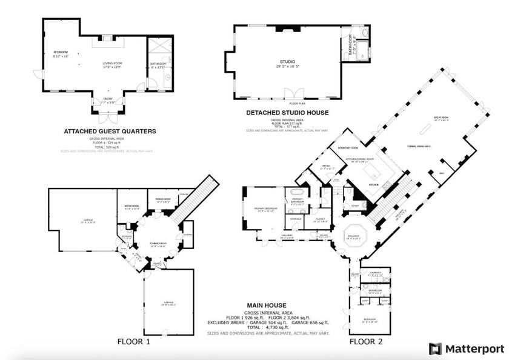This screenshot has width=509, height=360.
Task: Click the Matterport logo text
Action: pyautogui.click(x=474, y=348)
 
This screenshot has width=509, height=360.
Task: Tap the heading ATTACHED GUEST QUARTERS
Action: pyautogui.click(x=110, y=131)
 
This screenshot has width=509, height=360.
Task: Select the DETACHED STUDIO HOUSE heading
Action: pyautogui.click(x=287, y=113)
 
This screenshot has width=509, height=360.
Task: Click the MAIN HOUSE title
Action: pyautogui.click(x=266, y=305)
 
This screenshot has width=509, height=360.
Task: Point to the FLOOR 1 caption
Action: pyautogui.click(x=133, y=342)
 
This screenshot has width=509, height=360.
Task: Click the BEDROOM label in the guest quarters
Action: pyautogui.click(x=61, y=53)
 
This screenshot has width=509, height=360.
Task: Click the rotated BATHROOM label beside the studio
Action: pyautogui.click(x=350, y=45)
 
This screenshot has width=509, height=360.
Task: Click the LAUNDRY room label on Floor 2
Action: pyautogui.click(x=374, y=273)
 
